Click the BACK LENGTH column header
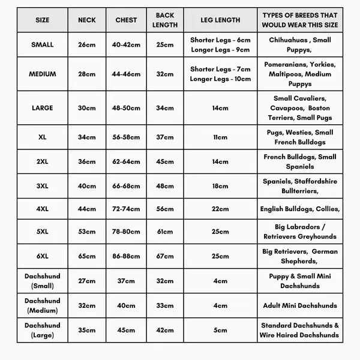pyautogui.click(x=166, y=20)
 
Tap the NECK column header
pyautogui.click(x=87, y=20)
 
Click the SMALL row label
pyautogui.click(x=42, y=44)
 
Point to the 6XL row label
pyautogui.click(x=42, y=256)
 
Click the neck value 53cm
pyautogui.click(x=87, y=232)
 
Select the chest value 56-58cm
pyautogui.click(x=127, y=137)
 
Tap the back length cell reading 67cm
pyautogui.click(x=166, y=256)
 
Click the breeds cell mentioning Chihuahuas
pyautogui.click(x=300, y=44)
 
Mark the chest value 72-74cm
pyautogui.click(x=127, y=208)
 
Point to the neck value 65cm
pyautogui.click(x=87, y=256)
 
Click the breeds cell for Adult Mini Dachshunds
pyautogui.click(x=300, y=305)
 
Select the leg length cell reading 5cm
pyautogui.click(x=220, y=329)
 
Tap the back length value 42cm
pyautogui.click(x=166, y=329)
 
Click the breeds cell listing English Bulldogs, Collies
pyautogui.click(x=300, y=208)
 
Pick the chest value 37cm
pyautogui.click(x=127, y=280)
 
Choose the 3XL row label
pyautogui.click(x=42, y=185)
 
